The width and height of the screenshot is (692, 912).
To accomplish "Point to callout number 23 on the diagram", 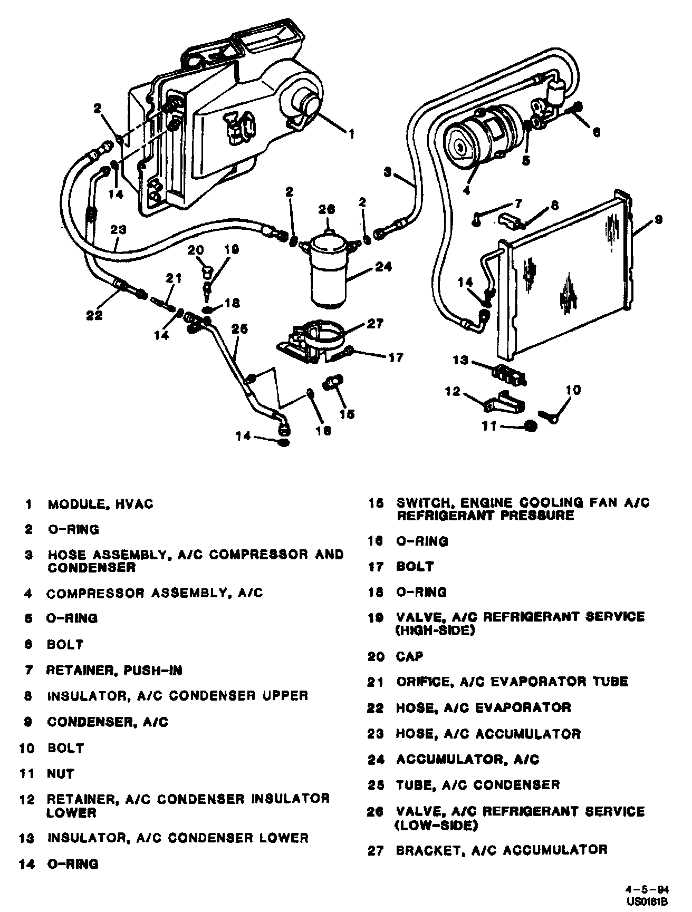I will click(119, 229).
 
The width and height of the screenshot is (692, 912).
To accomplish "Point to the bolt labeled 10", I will click(549, 416).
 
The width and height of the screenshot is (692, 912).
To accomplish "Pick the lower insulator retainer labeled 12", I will click(504, 404).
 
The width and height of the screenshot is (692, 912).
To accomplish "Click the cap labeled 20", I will click(207, 272).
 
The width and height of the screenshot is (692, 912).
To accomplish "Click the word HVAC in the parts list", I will click(136, 504).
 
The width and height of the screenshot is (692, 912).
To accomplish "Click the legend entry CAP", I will click(410, 656).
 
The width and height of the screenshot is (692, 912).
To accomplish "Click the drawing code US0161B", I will click(656, 901).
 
